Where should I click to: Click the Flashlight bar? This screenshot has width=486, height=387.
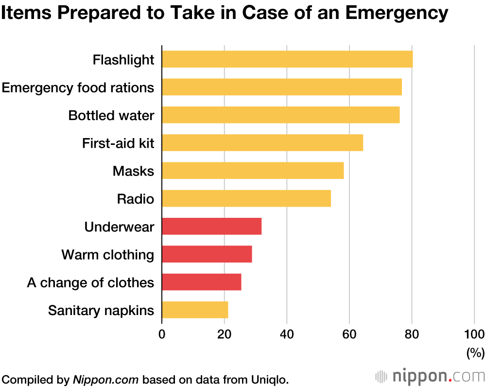coord(287,59)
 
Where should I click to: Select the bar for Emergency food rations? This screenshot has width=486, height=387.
coord(281,87)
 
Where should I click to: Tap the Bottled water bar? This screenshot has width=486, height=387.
coord(280,115)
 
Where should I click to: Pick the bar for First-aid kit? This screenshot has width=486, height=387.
coord(262,143)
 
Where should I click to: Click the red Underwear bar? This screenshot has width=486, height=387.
coord(211,227)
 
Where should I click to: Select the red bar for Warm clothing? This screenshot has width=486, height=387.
coord(207,254)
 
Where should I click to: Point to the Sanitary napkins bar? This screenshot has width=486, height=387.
coord(194,310)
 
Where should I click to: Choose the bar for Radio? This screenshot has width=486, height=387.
coord(246,199)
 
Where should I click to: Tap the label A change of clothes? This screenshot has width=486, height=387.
coord(90,282)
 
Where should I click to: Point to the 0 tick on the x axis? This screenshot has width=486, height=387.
coord(162,334)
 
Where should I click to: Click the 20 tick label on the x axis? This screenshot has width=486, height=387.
coord(224,334)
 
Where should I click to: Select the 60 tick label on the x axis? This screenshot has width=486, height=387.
coord(349,334)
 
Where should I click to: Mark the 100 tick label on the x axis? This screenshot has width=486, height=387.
coord(474,334)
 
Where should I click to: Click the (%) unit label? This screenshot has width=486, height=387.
coord(475,352)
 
